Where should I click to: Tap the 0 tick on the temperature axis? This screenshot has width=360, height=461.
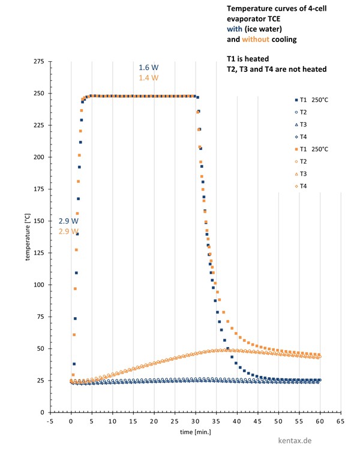[x=42, y=412]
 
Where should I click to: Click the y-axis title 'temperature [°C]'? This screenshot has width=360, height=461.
[x=28, y=237]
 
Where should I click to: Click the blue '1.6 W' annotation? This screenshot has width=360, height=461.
[x=148, y=67]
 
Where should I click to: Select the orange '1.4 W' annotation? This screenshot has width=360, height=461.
[x=148, y=78]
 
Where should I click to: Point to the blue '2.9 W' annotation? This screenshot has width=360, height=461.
[x=68, y=221]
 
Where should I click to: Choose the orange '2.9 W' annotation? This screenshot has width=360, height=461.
[x=68, y=231]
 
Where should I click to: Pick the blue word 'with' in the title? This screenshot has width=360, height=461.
[x=235, y=29]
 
